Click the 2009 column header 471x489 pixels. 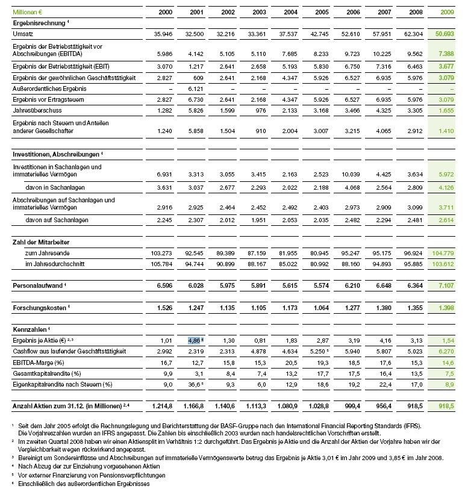(x=448, y=12)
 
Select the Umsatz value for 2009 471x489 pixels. (x=445, y=35)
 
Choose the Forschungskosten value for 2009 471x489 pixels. (x=445, y=308)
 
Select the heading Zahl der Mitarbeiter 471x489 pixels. (x=41, y=242)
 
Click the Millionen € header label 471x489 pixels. (x=31, y=12)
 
